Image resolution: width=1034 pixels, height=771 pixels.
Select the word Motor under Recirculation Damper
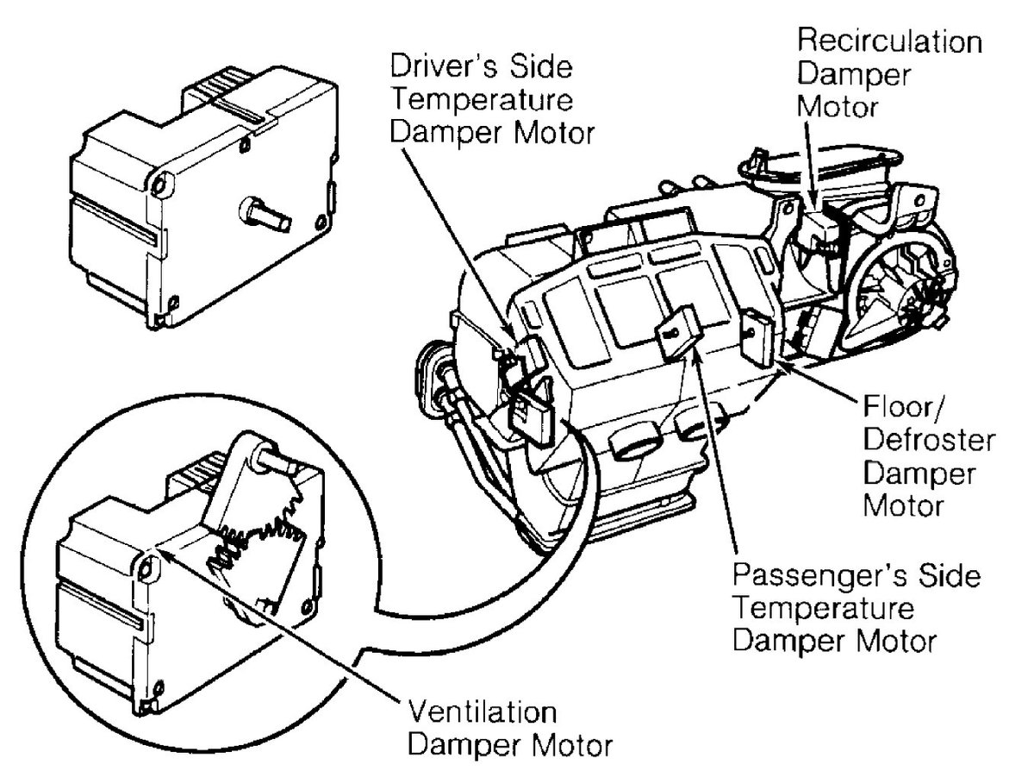pos(840,108)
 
